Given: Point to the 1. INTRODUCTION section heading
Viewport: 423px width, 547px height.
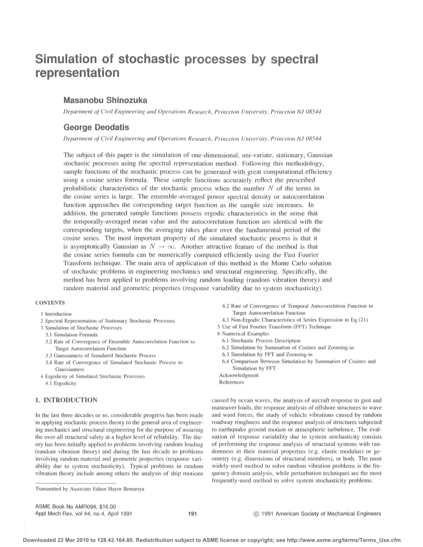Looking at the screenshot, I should pyautogui.click(x=65, y=400).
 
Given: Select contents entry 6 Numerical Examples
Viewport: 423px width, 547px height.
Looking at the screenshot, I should pyautogui.click(x=243, y=333).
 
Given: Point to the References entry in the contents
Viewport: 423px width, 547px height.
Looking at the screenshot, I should pyautogui.click(x=232, y=382).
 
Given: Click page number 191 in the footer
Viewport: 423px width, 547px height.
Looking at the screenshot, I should pyautogui.click(x=193, y=514).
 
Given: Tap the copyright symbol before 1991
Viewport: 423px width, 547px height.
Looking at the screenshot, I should pyautogui.click(x=256, y=514).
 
